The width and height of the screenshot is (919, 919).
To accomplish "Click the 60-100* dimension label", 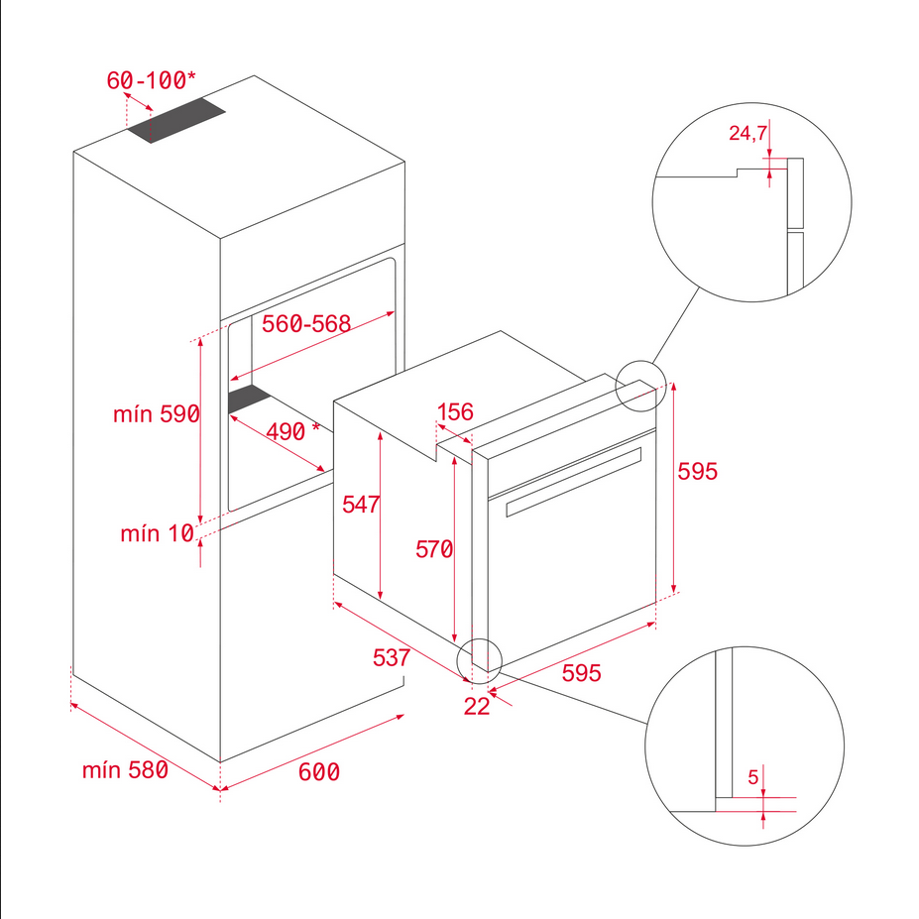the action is [151, 80].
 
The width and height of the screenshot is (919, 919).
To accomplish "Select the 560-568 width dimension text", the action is [306, 323].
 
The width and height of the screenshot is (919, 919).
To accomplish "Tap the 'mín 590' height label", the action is [157, 414].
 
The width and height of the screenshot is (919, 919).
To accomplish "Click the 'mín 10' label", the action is [157, 533].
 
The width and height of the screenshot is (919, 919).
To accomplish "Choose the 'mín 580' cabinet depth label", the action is [126, 769].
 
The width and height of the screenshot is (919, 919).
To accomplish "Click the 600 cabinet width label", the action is [319, 772].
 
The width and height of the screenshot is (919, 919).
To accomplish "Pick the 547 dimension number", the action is [361, 505].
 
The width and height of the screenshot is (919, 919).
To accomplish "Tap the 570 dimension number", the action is [434, 549].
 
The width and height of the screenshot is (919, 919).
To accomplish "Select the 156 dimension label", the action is [455, 412].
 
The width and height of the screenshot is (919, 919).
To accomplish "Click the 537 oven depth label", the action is [392, 657].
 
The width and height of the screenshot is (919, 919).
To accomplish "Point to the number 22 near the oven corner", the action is [477, 707].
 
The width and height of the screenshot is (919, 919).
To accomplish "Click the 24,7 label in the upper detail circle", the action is [747, 134].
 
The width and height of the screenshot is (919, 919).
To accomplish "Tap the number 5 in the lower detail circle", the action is [753, 777].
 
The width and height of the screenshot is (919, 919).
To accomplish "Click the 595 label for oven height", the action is [698, 471].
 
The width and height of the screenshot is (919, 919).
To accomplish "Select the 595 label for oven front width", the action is [581, 673].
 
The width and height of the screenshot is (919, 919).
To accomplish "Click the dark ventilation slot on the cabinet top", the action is [176, 120].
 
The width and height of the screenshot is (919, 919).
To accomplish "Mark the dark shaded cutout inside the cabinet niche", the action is [248, 399].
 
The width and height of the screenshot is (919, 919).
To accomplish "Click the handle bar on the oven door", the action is [574, 482].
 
